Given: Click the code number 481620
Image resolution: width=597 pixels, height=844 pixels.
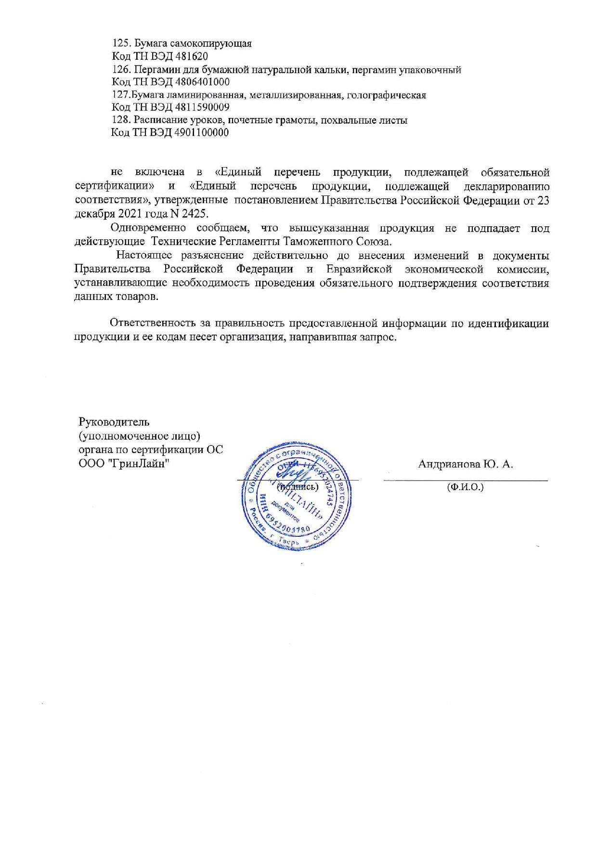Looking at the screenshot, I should point(191,56).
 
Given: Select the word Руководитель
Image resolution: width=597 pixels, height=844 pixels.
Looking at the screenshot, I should point(115,422).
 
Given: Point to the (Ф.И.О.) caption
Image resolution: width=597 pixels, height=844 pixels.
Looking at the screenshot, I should point(465,487).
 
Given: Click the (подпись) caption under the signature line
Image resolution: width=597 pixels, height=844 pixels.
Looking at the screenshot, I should point(297,487).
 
